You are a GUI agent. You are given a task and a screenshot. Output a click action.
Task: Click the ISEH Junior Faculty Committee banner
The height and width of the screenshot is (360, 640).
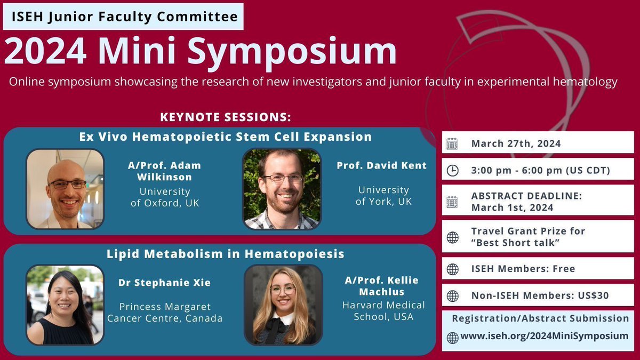coord(123,17)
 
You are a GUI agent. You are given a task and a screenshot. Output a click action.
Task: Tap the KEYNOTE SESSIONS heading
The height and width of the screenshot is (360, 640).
coord(225,117)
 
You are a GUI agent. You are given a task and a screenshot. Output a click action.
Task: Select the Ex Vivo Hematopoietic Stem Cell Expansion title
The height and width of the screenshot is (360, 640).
coord(225,137)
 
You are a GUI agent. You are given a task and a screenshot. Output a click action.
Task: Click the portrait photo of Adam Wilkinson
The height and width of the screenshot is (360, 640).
coord(65,189)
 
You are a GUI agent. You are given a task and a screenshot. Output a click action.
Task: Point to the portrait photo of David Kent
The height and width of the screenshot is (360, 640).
coord(282,189)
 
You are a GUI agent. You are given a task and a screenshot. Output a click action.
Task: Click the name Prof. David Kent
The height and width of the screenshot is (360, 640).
coord(381,165)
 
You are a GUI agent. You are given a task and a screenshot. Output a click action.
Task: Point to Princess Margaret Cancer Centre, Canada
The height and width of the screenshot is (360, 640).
coord(165,313)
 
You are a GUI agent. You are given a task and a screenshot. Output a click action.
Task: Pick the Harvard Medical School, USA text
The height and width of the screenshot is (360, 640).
coord(383,310)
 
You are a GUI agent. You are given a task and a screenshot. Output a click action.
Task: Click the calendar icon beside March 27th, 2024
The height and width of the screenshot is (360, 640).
coord(452,143)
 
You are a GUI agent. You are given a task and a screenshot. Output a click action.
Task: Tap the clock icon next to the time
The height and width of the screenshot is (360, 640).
coord(452,171)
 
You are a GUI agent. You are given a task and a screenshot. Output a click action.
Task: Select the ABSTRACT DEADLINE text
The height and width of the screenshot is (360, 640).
coord(526,196)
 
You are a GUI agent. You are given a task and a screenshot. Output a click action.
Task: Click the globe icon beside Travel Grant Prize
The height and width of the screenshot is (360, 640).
coord(452,237)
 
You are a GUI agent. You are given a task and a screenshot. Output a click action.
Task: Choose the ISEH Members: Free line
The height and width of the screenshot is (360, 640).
coord(523,269)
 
